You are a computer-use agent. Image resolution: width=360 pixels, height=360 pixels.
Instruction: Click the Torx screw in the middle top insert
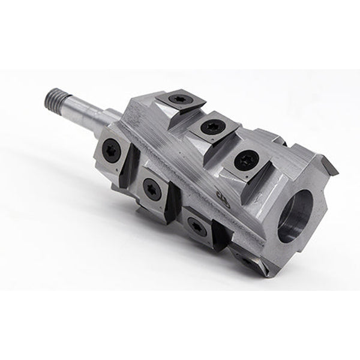click(x=209, y=127)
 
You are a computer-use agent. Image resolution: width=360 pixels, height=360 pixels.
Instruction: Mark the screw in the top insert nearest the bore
click(x=245, y=160)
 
